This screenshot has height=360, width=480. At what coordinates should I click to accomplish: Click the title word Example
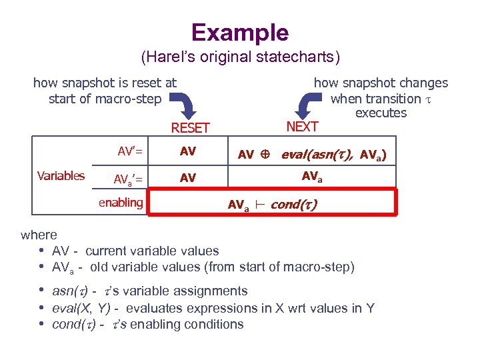click(240, 32)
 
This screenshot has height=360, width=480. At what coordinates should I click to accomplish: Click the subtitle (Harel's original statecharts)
click(240, 57)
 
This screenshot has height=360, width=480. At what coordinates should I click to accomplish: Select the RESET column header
click(191, 128)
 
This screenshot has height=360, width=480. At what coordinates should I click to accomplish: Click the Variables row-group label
click(61, 176)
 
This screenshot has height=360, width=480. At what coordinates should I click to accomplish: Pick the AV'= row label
click(130, 151)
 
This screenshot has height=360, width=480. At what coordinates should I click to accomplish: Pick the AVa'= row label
click(130, 179)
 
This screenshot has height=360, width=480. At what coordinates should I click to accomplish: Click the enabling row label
click(121, 203)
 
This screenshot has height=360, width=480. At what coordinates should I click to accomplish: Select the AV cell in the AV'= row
click(188, 151)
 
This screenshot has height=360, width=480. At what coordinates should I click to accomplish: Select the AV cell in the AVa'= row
click(188, 178)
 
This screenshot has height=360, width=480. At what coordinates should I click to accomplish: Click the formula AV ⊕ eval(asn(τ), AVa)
click(312, 155)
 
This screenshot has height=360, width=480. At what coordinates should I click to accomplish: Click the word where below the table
click(39, 235)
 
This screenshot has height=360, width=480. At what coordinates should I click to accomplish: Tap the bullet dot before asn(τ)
click(42, 291)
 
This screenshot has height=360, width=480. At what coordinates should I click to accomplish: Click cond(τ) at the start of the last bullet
click(73, 325)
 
